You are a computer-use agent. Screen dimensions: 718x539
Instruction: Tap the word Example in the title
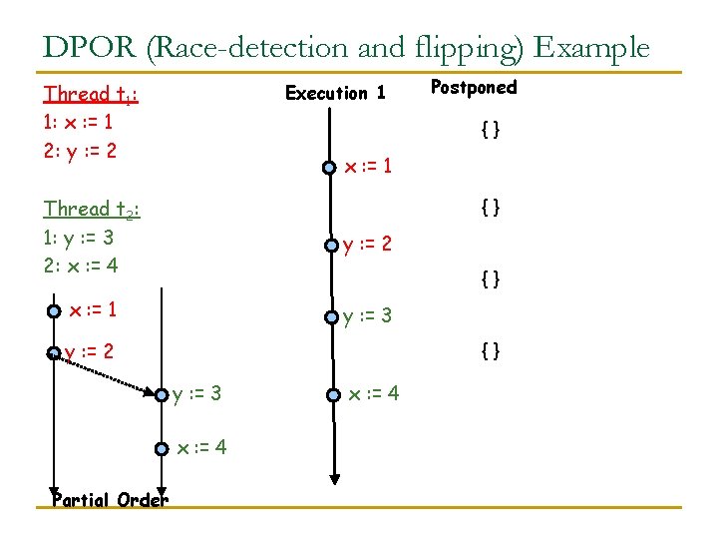[592, 47]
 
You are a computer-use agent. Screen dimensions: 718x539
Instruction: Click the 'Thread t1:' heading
[91, 95]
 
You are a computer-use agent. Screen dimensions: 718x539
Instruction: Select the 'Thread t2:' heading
[91, 210]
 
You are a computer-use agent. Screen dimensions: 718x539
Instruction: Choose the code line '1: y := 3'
[78, 239]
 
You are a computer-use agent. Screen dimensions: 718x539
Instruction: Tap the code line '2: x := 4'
[79, 267]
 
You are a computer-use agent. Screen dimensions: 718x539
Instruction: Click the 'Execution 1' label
[335, 94]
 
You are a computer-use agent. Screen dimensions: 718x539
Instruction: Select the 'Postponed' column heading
[474, 88]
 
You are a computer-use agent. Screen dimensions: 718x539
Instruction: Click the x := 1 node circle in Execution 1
[329, 168]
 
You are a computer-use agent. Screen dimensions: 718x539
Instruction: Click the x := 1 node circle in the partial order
[54, 311]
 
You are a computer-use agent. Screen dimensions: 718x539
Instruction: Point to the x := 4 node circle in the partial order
[162, 449]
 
